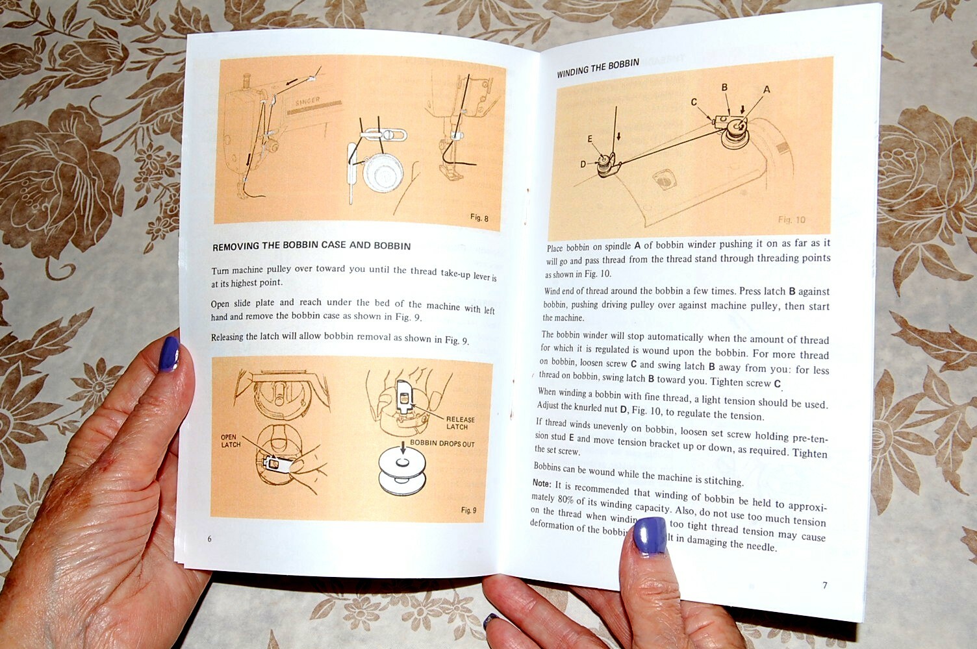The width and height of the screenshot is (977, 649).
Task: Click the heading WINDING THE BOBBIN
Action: (598, 67)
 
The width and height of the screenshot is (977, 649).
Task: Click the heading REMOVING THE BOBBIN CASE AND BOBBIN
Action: (311, 246)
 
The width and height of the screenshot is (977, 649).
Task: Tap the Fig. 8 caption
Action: (479, 217)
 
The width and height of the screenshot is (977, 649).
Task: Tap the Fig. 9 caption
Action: (468, 510)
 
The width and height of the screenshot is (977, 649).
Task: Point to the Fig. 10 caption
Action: (791, 219)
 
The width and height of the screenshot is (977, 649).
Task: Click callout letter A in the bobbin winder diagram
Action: (767, 90)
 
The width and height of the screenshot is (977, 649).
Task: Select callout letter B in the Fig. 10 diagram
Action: (724, 88)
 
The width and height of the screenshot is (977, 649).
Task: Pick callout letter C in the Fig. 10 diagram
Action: (694, 102)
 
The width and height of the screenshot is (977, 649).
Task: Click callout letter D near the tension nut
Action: (583, 164)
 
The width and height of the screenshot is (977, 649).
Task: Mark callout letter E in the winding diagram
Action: (590, 139)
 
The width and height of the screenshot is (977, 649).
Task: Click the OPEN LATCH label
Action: (231, 441)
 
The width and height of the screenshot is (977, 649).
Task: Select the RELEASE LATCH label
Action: (460, 422)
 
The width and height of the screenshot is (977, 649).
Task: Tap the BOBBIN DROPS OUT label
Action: (442, 444)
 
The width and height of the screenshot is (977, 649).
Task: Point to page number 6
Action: (209, 539)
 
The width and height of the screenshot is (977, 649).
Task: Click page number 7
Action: (825, 585)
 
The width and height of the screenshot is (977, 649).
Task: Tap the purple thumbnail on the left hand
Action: (169, 354)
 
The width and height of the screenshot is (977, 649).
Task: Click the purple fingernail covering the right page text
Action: (650, 535)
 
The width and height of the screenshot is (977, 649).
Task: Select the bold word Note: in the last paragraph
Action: (542, 484)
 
